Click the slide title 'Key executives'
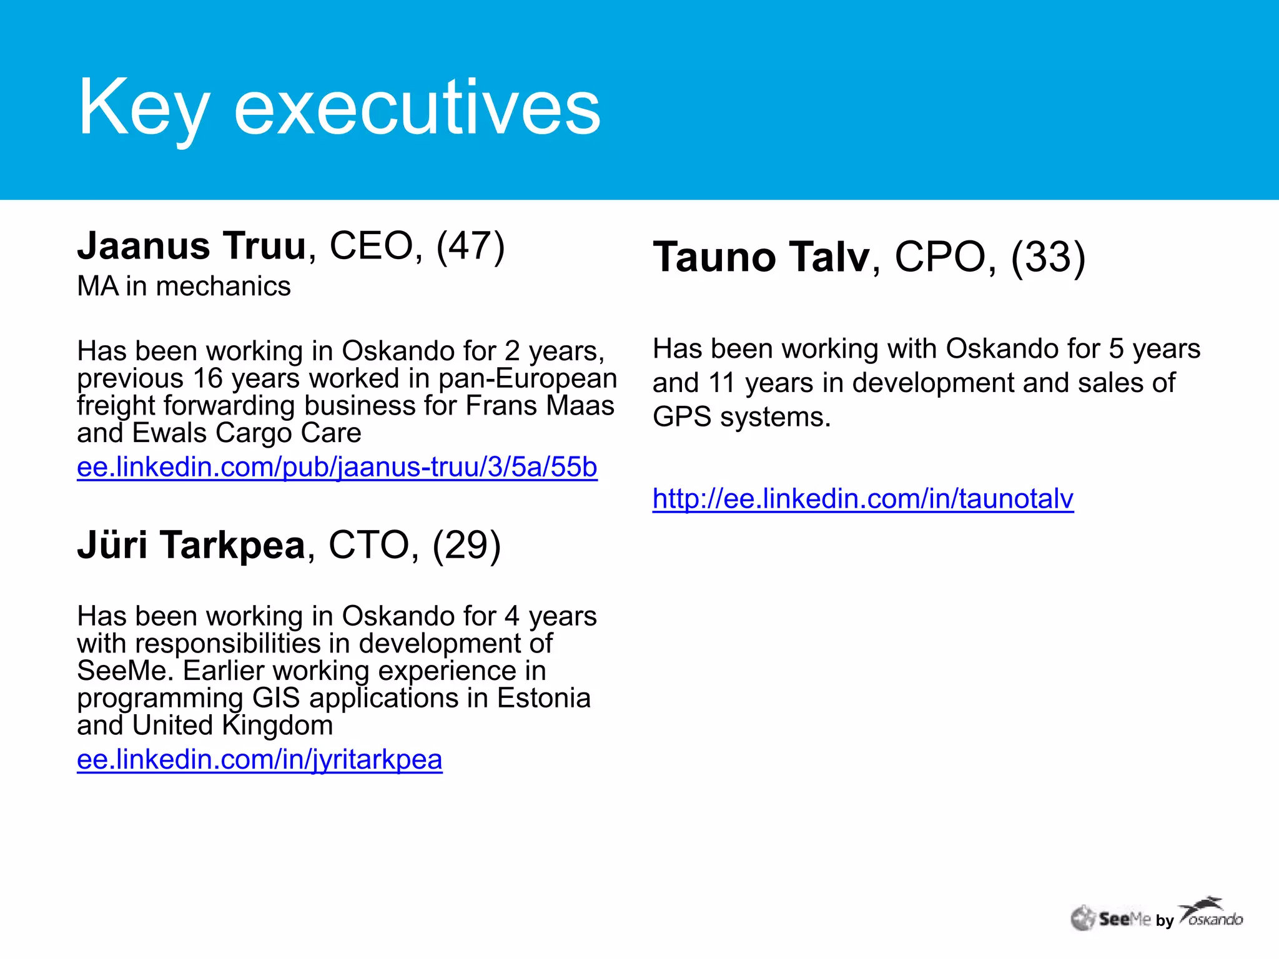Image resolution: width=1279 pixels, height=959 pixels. point(339,107)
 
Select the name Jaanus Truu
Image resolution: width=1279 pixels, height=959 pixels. point(191,246)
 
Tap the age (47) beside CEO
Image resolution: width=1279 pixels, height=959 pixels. point(470,246)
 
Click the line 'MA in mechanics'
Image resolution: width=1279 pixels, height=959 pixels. point(184,287)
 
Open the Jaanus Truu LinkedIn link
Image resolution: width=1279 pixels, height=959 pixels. point(337,467)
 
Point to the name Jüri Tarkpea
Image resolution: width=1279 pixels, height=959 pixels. point(191,545)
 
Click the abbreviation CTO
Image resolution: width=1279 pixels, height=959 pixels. point(368,545)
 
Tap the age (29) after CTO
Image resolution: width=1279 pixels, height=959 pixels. point(467,545)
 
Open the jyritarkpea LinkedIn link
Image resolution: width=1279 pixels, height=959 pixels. point(260,760)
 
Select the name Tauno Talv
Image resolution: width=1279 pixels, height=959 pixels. point(761,257)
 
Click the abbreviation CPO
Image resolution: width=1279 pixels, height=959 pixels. point(940,257)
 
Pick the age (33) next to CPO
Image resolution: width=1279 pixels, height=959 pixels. point(1048,257)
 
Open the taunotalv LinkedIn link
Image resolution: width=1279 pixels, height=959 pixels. point(863,499)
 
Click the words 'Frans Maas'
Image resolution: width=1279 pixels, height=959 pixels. point(540,406)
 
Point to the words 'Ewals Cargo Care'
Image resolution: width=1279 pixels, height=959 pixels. point(247,433)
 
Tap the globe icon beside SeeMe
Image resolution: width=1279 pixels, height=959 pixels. point(1084,918)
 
